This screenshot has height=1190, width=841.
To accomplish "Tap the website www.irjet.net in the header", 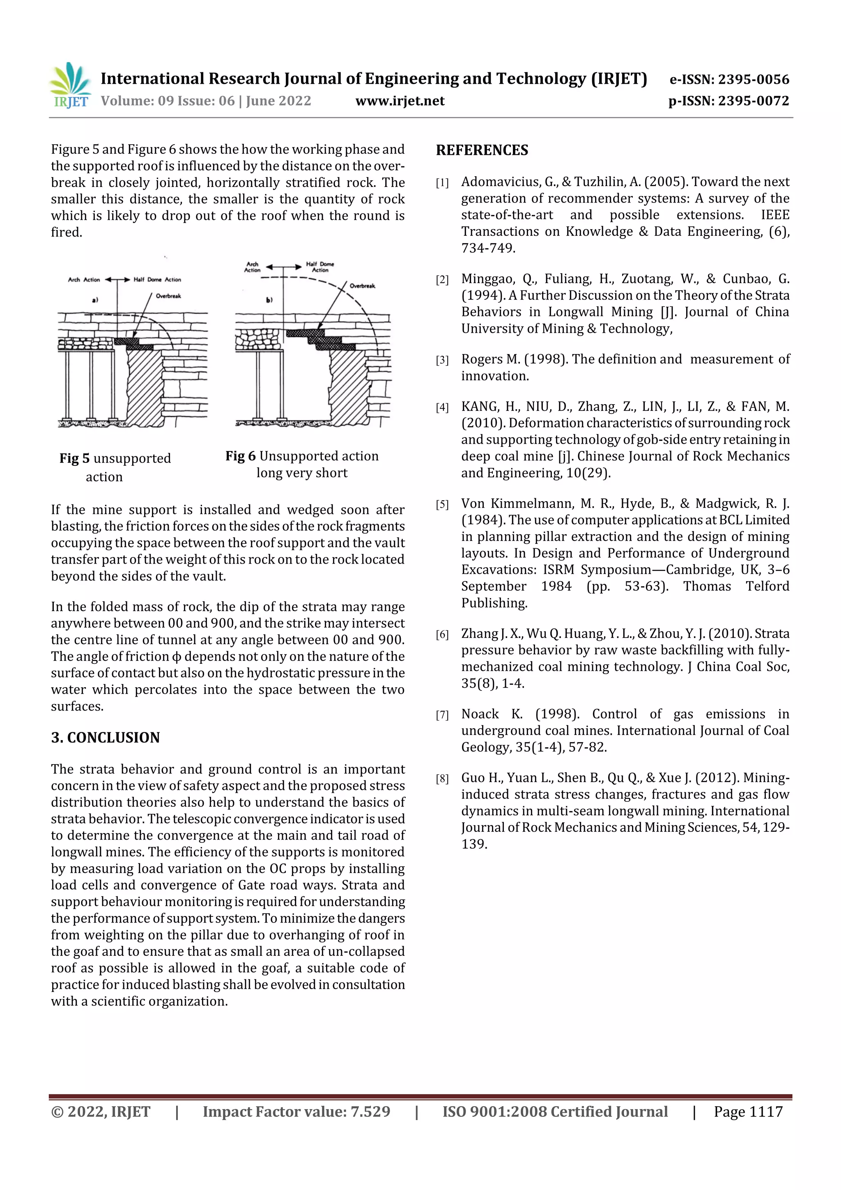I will (400, 101).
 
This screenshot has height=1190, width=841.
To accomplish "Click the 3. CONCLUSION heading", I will (105, 737).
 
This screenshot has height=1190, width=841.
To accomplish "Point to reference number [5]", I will (442, 504).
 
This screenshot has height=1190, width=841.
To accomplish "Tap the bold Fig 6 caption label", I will (241, 456).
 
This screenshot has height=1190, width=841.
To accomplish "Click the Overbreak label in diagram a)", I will (168, 296).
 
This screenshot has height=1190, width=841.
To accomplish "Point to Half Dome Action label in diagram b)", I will (320, 267).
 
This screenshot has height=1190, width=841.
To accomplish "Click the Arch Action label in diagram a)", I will (84, 279).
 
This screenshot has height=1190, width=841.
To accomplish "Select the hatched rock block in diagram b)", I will (348, 386).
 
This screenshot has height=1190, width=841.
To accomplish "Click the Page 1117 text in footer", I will (748, 1111).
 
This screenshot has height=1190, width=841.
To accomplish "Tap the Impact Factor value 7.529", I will (370, 1111).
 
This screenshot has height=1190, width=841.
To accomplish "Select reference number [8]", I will (442, 778).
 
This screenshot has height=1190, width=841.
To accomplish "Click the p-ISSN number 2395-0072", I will (753, 101).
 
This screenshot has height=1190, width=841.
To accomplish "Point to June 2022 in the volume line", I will (278, 101).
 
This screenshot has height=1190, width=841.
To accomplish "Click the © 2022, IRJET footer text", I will (101, 1111).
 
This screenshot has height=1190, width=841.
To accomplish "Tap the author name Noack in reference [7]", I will (480, 714).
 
